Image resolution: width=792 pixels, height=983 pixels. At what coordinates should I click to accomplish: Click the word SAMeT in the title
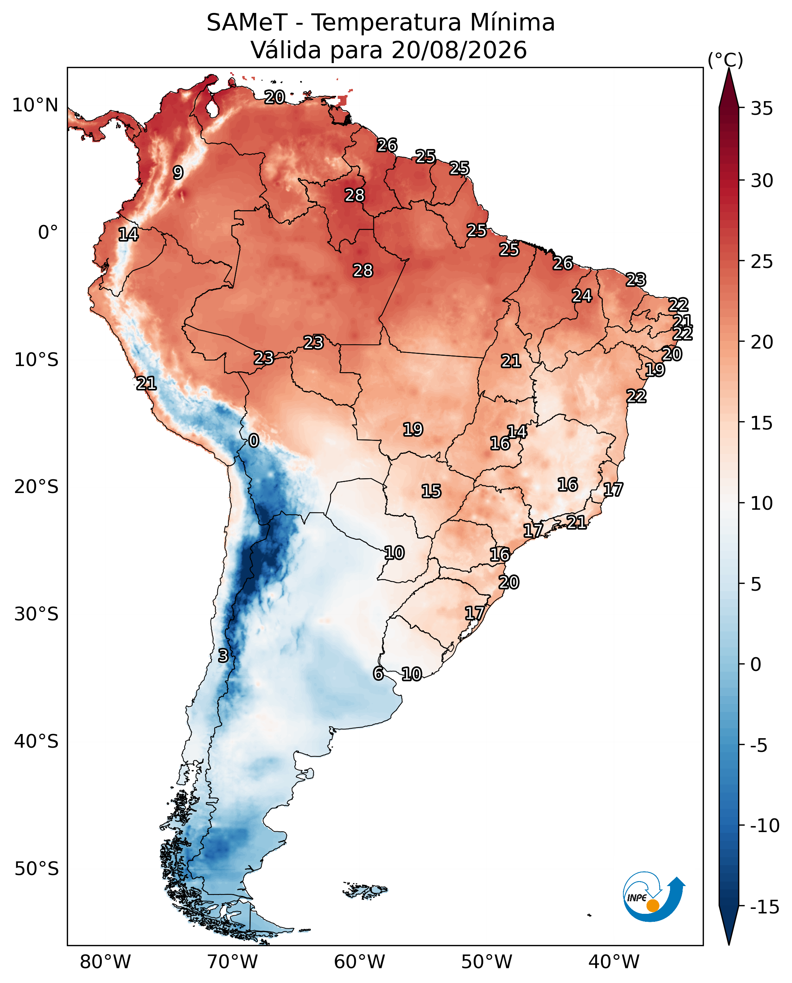[x=247, y=22]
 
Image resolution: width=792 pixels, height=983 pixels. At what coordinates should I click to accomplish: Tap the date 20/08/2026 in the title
[x=459, y=50]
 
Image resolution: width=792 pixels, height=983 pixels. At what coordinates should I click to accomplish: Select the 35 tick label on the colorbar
[x=762, y=109]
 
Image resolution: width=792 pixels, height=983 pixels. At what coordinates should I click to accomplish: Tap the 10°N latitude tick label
[x=35, y=105]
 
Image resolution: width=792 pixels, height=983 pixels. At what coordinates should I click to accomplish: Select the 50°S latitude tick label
[x=36, y=869]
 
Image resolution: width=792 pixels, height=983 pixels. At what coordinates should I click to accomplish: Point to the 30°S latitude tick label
[x=36, y=614]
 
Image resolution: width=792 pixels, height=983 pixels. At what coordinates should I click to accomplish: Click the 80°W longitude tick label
[x=105, y=962]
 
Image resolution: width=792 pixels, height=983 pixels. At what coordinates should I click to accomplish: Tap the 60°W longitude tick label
[x=359, y=962]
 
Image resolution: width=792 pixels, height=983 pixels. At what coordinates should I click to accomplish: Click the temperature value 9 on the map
[x=178, y=173]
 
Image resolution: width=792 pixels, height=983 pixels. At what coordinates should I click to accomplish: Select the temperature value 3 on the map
[x=223, y=656]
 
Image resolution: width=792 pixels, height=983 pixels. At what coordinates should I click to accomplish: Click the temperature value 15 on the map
[x=431, y=491]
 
